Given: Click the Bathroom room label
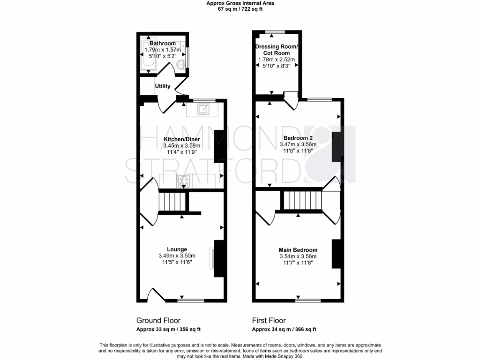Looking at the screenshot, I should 163,44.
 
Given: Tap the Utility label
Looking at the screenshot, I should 163,86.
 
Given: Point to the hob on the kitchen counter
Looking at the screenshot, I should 183,181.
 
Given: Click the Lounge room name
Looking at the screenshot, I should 177,249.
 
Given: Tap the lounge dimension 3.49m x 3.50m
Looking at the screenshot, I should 177,256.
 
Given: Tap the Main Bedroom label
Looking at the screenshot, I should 298,250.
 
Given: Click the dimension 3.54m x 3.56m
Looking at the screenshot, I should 298,256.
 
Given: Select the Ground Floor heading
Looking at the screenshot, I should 158,321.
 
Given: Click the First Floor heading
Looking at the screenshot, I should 269,321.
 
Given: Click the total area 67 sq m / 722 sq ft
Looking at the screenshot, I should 240,9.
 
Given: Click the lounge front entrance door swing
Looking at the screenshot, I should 155,294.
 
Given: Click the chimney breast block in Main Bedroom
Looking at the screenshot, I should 336,253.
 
